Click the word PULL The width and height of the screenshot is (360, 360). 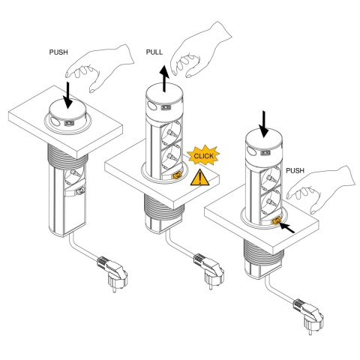tap(154, 52)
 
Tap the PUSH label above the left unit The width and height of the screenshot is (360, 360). tap(58, 52)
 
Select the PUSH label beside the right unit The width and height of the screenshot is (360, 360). tap(295, 171)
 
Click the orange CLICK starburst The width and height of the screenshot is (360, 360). tap(203, 155)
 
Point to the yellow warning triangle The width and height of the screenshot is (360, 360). tap(199, 178)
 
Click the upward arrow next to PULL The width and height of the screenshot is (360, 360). tap(164, 78)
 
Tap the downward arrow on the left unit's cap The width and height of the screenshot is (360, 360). tap(67, 95)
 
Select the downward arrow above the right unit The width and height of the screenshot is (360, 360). tap(264, 124)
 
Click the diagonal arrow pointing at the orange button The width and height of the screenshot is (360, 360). tap(286, 227)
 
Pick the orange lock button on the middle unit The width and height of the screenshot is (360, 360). tap(177, 175)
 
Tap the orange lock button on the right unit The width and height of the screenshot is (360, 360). tap(276, 221)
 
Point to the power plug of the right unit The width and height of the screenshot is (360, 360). tap(309, 316)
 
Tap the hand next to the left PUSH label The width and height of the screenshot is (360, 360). tap(100, 67)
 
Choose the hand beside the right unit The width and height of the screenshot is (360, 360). tap(321, 189)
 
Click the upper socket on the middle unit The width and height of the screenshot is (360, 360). tap(172, 133)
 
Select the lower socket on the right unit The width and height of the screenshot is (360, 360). tap(271, 202)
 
